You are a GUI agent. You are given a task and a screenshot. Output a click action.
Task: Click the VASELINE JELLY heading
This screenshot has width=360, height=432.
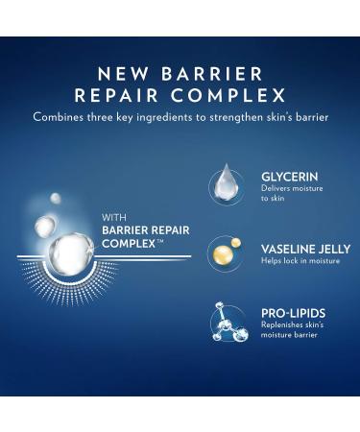(x=298, y=247)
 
